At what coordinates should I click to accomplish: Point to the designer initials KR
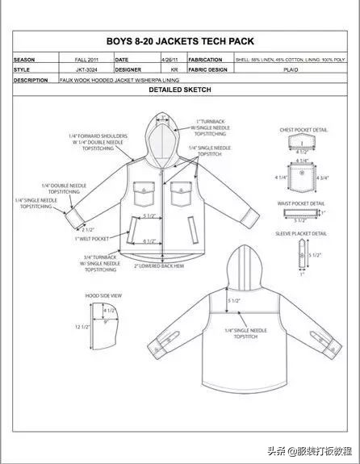171,70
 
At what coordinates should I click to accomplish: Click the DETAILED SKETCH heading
179,90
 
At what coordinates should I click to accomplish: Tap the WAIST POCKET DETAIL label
301,203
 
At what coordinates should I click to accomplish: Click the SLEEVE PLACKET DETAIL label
302,234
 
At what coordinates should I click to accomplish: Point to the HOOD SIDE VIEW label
103,296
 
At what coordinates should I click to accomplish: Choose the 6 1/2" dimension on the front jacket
149,241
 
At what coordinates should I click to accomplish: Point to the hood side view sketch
110,327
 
